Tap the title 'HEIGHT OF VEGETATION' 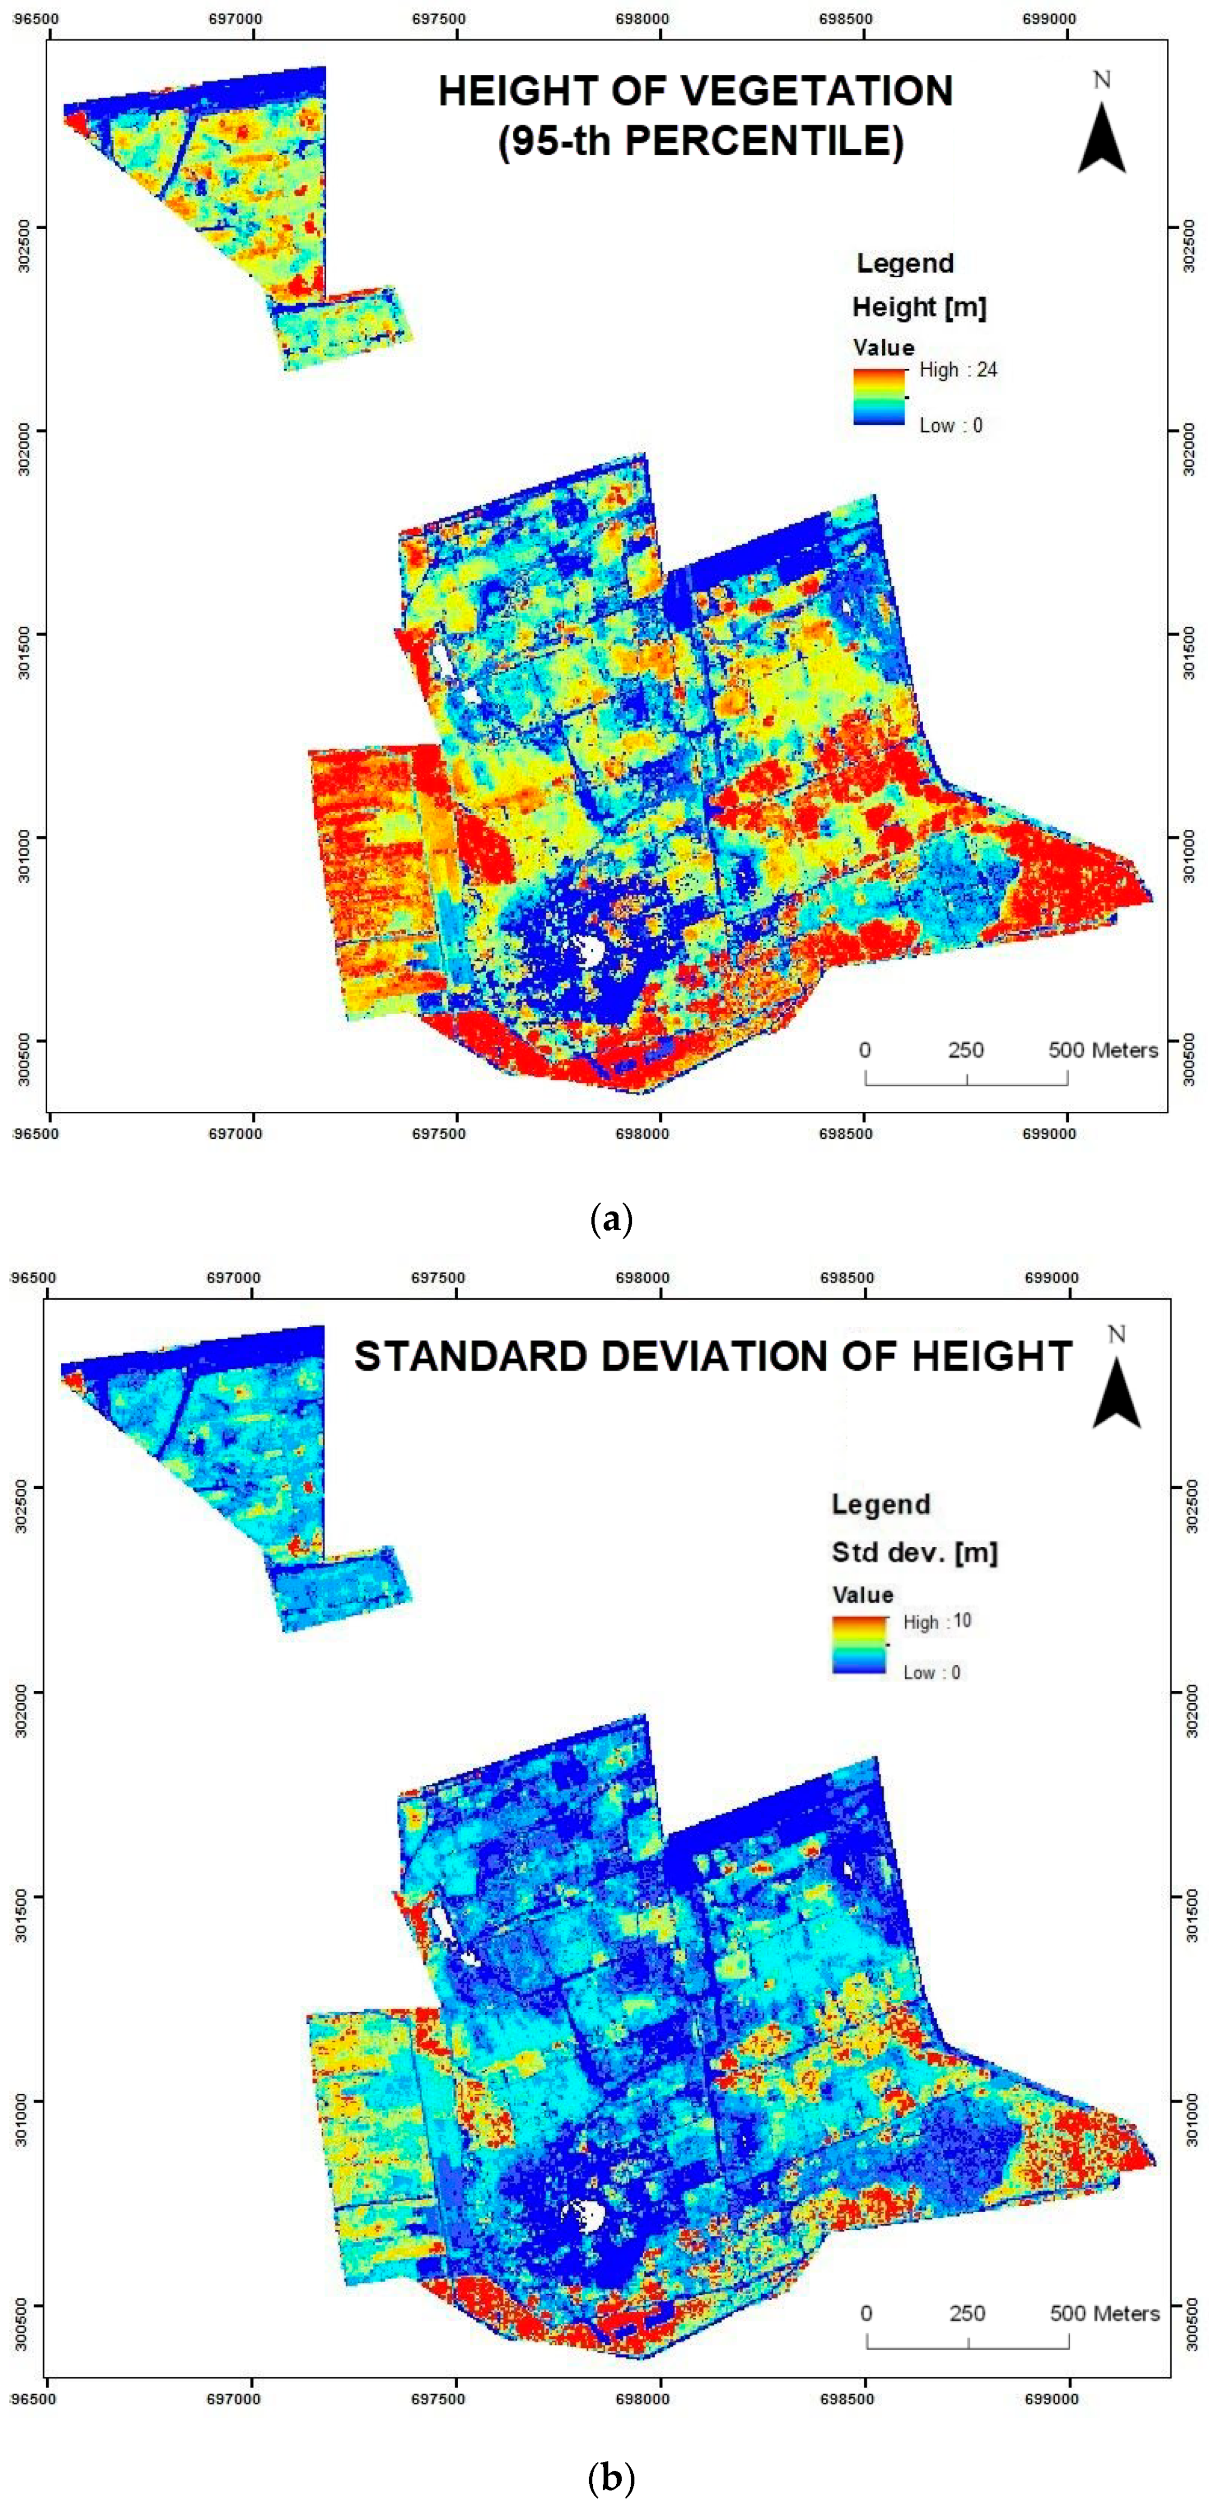(696, 91)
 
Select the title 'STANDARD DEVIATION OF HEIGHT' (713, 1356)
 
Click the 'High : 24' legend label (958, 370)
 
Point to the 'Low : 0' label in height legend (950, 425)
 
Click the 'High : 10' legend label (937, 1621)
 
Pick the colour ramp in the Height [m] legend (879, 397)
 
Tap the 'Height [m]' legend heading (919, 307)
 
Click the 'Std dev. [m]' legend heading (914, 1552)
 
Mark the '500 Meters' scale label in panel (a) (1103, 1050)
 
